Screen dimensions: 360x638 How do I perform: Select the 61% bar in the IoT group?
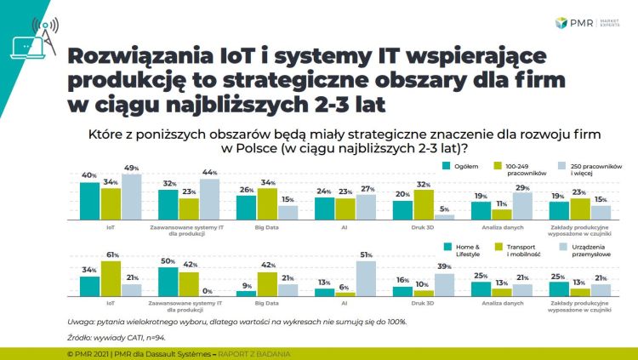(x=110, y=278)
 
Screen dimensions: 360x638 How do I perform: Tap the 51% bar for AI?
(x=367, y=279)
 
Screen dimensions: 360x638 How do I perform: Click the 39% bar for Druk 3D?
(x=445, y=284)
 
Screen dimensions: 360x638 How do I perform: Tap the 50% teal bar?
(x=168, y=281)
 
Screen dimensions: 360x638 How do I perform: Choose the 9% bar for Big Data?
(x=247, y=293)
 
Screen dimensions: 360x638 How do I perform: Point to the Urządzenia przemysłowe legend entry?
(x=590, y=249)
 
